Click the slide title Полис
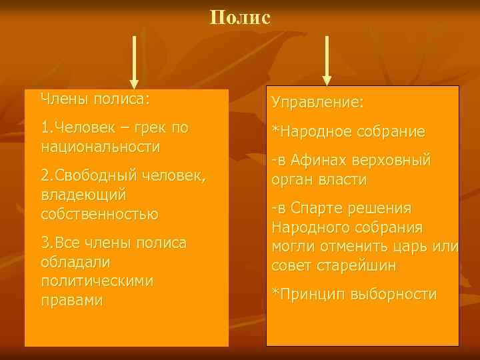tap(240, 17)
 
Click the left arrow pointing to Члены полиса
tap(134, 61)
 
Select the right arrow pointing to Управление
tap(327, 60)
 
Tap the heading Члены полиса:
tap(95, 99)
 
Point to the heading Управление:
tap(317, 103)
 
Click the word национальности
tap(100, 145)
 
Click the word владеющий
tap(84, 195)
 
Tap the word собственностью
tap(99, 214)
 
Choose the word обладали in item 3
tap(75, 263)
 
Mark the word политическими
tap(97, 281)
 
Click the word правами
tap(72, 300)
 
